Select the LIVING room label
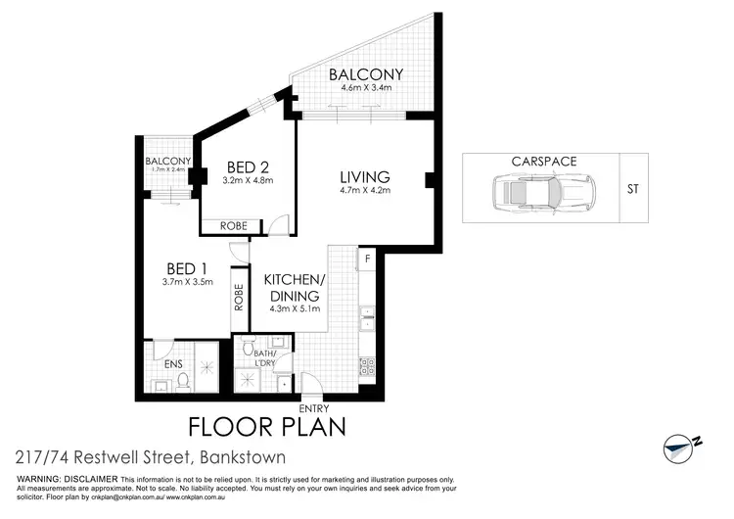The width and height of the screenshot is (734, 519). click(x=365, y=177)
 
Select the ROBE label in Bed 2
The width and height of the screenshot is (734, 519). click(x=233, y=226)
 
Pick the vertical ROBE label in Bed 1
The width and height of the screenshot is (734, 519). click(x=238, y=297)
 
